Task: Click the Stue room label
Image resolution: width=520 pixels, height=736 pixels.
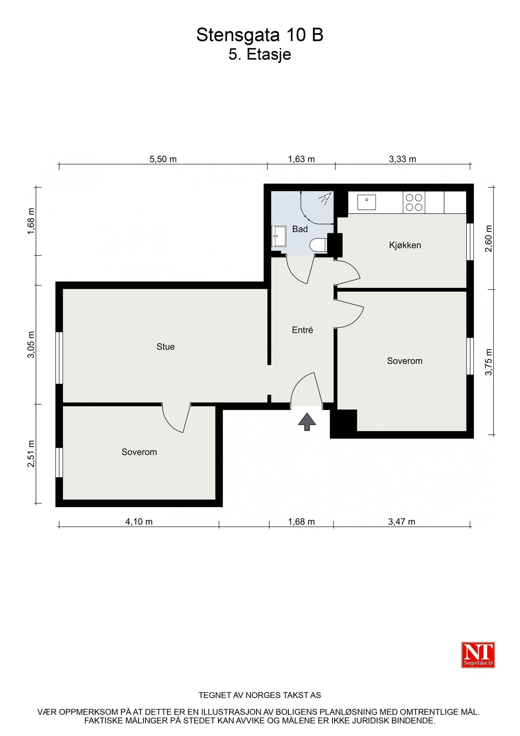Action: coord(165,347)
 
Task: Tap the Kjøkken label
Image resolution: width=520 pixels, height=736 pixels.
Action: coord(405,245)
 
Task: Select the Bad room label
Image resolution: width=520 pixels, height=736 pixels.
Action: coord(300,229)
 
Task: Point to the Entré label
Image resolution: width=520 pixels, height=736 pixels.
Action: coord(302,330)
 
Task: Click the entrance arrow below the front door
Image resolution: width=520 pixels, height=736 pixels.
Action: coord(307,422)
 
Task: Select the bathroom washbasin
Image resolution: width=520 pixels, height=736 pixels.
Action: coord(279,236)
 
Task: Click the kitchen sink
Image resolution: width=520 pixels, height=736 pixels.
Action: coord(366,202)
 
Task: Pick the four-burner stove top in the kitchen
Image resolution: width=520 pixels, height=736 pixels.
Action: coord(414,202)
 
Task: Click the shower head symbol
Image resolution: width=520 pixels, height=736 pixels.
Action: coord(326,198)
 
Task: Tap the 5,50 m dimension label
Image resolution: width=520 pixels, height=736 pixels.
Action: coord(163,159)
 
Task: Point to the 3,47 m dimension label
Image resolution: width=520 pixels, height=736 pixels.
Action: coord(402,522)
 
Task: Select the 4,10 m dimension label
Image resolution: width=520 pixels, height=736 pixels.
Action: coord(139,522)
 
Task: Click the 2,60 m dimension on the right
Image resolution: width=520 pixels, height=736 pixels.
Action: coord(489,238)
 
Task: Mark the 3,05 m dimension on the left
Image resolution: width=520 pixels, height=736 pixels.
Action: coord(31,345)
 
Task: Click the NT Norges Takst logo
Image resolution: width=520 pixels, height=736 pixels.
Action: coord(478,655)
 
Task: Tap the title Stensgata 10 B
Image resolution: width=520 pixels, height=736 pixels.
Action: coord(260,35)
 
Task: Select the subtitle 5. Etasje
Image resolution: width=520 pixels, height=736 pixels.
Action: coord(260,54)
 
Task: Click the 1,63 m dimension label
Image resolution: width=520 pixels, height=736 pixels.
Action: coord(301,159)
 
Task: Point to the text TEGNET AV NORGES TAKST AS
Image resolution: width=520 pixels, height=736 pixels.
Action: coord(260,695)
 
